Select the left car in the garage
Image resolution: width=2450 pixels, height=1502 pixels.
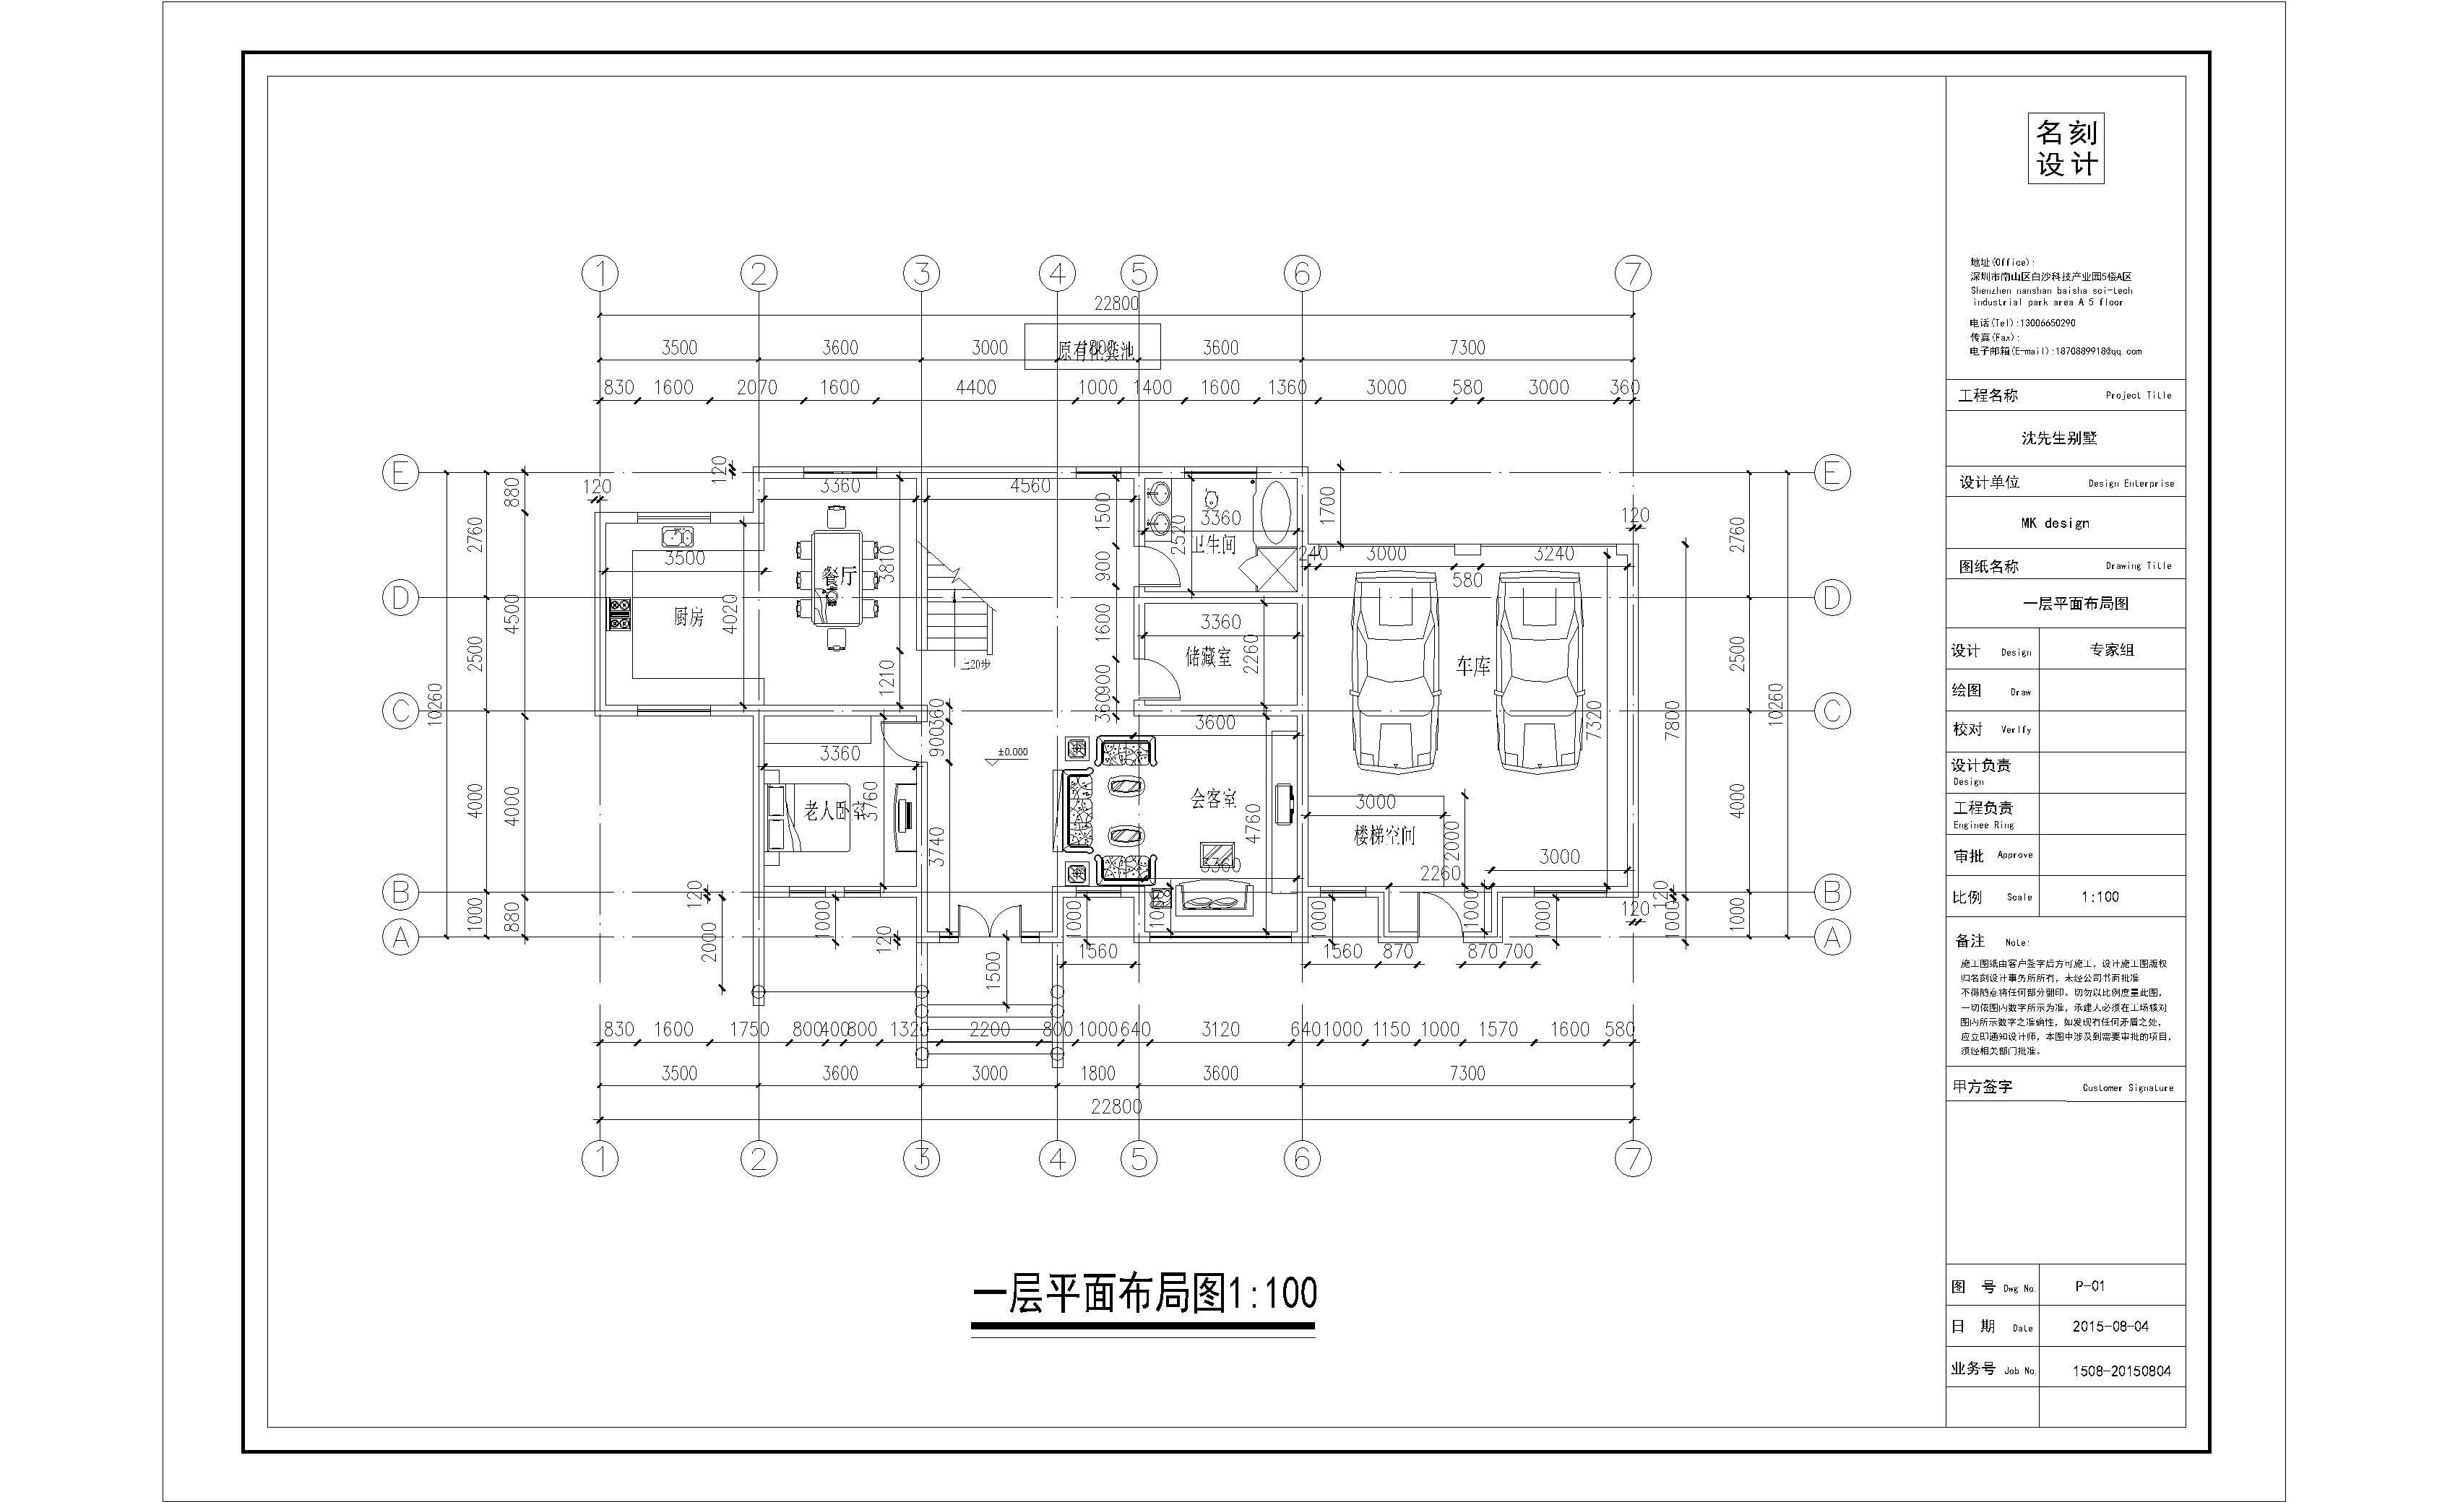pos(1394,671)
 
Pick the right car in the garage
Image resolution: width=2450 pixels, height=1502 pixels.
pos(1540,671)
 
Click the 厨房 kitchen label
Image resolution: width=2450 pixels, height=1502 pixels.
pos(688,617)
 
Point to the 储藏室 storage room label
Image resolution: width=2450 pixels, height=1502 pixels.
pos(1208,657)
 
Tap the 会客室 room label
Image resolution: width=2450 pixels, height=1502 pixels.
pos(1213,798)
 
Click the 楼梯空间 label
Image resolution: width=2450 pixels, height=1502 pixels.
pos(1383,836)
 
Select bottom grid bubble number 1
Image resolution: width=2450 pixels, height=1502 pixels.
pos(600,1158)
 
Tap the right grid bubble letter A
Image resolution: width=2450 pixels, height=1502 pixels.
pos(1832,937)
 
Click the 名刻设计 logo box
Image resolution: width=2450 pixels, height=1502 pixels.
pos(2066,148)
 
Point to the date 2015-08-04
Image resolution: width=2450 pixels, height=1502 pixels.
pos(2110,1326)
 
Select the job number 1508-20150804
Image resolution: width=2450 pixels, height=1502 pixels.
pos(2121,1371)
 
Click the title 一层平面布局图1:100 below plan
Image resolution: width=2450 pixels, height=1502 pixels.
pos(1144,1293)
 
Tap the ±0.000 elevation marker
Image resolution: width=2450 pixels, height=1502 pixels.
pos(1012,753)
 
